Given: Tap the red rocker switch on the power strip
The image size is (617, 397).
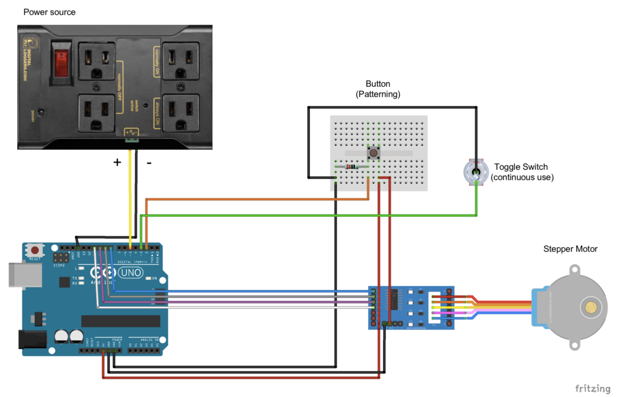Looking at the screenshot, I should click(x=61, y=63).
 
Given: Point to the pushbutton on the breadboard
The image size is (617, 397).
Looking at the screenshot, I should click(x=373, y=153).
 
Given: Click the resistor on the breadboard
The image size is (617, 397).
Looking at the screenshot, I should click(x=351, y=166).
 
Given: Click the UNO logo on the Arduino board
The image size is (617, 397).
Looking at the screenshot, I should click(x=130, y=273).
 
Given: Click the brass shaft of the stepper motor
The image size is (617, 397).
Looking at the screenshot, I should click(x=590, y=308).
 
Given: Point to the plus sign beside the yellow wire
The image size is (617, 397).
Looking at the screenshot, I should click(x=117, y=162).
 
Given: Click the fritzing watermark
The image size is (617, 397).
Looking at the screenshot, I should click(x=593, y=388).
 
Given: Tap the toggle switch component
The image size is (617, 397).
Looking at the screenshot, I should click(x=476, y=172).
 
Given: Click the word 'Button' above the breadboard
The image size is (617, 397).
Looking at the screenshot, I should click(x=378, y=84).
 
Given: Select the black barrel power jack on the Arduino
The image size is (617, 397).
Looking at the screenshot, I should click(x=33, y=339).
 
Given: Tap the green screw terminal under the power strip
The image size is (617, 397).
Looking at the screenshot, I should click(x=132, y=140).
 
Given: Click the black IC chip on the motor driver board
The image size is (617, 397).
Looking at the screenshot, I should click(x=393, y=299).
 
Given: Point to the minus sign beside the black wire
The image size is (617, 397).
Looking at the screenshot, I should click(x=149, y=163).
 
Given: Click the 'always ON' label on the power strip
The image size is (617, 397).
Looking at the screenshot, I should click(x=157, y=113).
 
